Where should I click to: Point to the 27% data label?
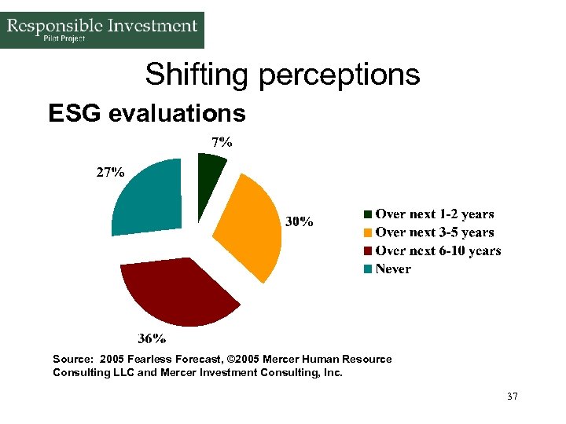click(x=110, y=172)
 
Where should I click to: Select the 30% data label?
click(x=299, y=222)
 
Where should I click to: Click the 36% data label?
click(x=152, y=339)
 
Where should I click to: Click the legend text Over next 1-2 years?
click(x=435, y=214)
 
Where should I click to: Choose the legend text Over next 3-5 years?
click(x=435, y=232)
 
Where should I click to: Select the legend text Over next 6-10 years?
click(x=438, y=250)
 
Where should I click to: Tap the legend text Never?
click(x=393, y=269)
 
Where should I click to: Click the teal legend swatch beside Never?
click(x=368, y=269)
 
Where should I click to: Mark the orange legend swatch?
click(x=368, y=233)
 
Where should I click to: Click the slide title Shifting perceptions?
click(x=282, y=75)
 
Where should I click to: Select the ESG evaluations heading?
click(x=147, y=114)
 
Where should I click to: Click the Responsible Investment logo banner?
click(x=102, y=30)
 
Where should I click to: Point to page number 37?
click(x=513, y=397)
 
